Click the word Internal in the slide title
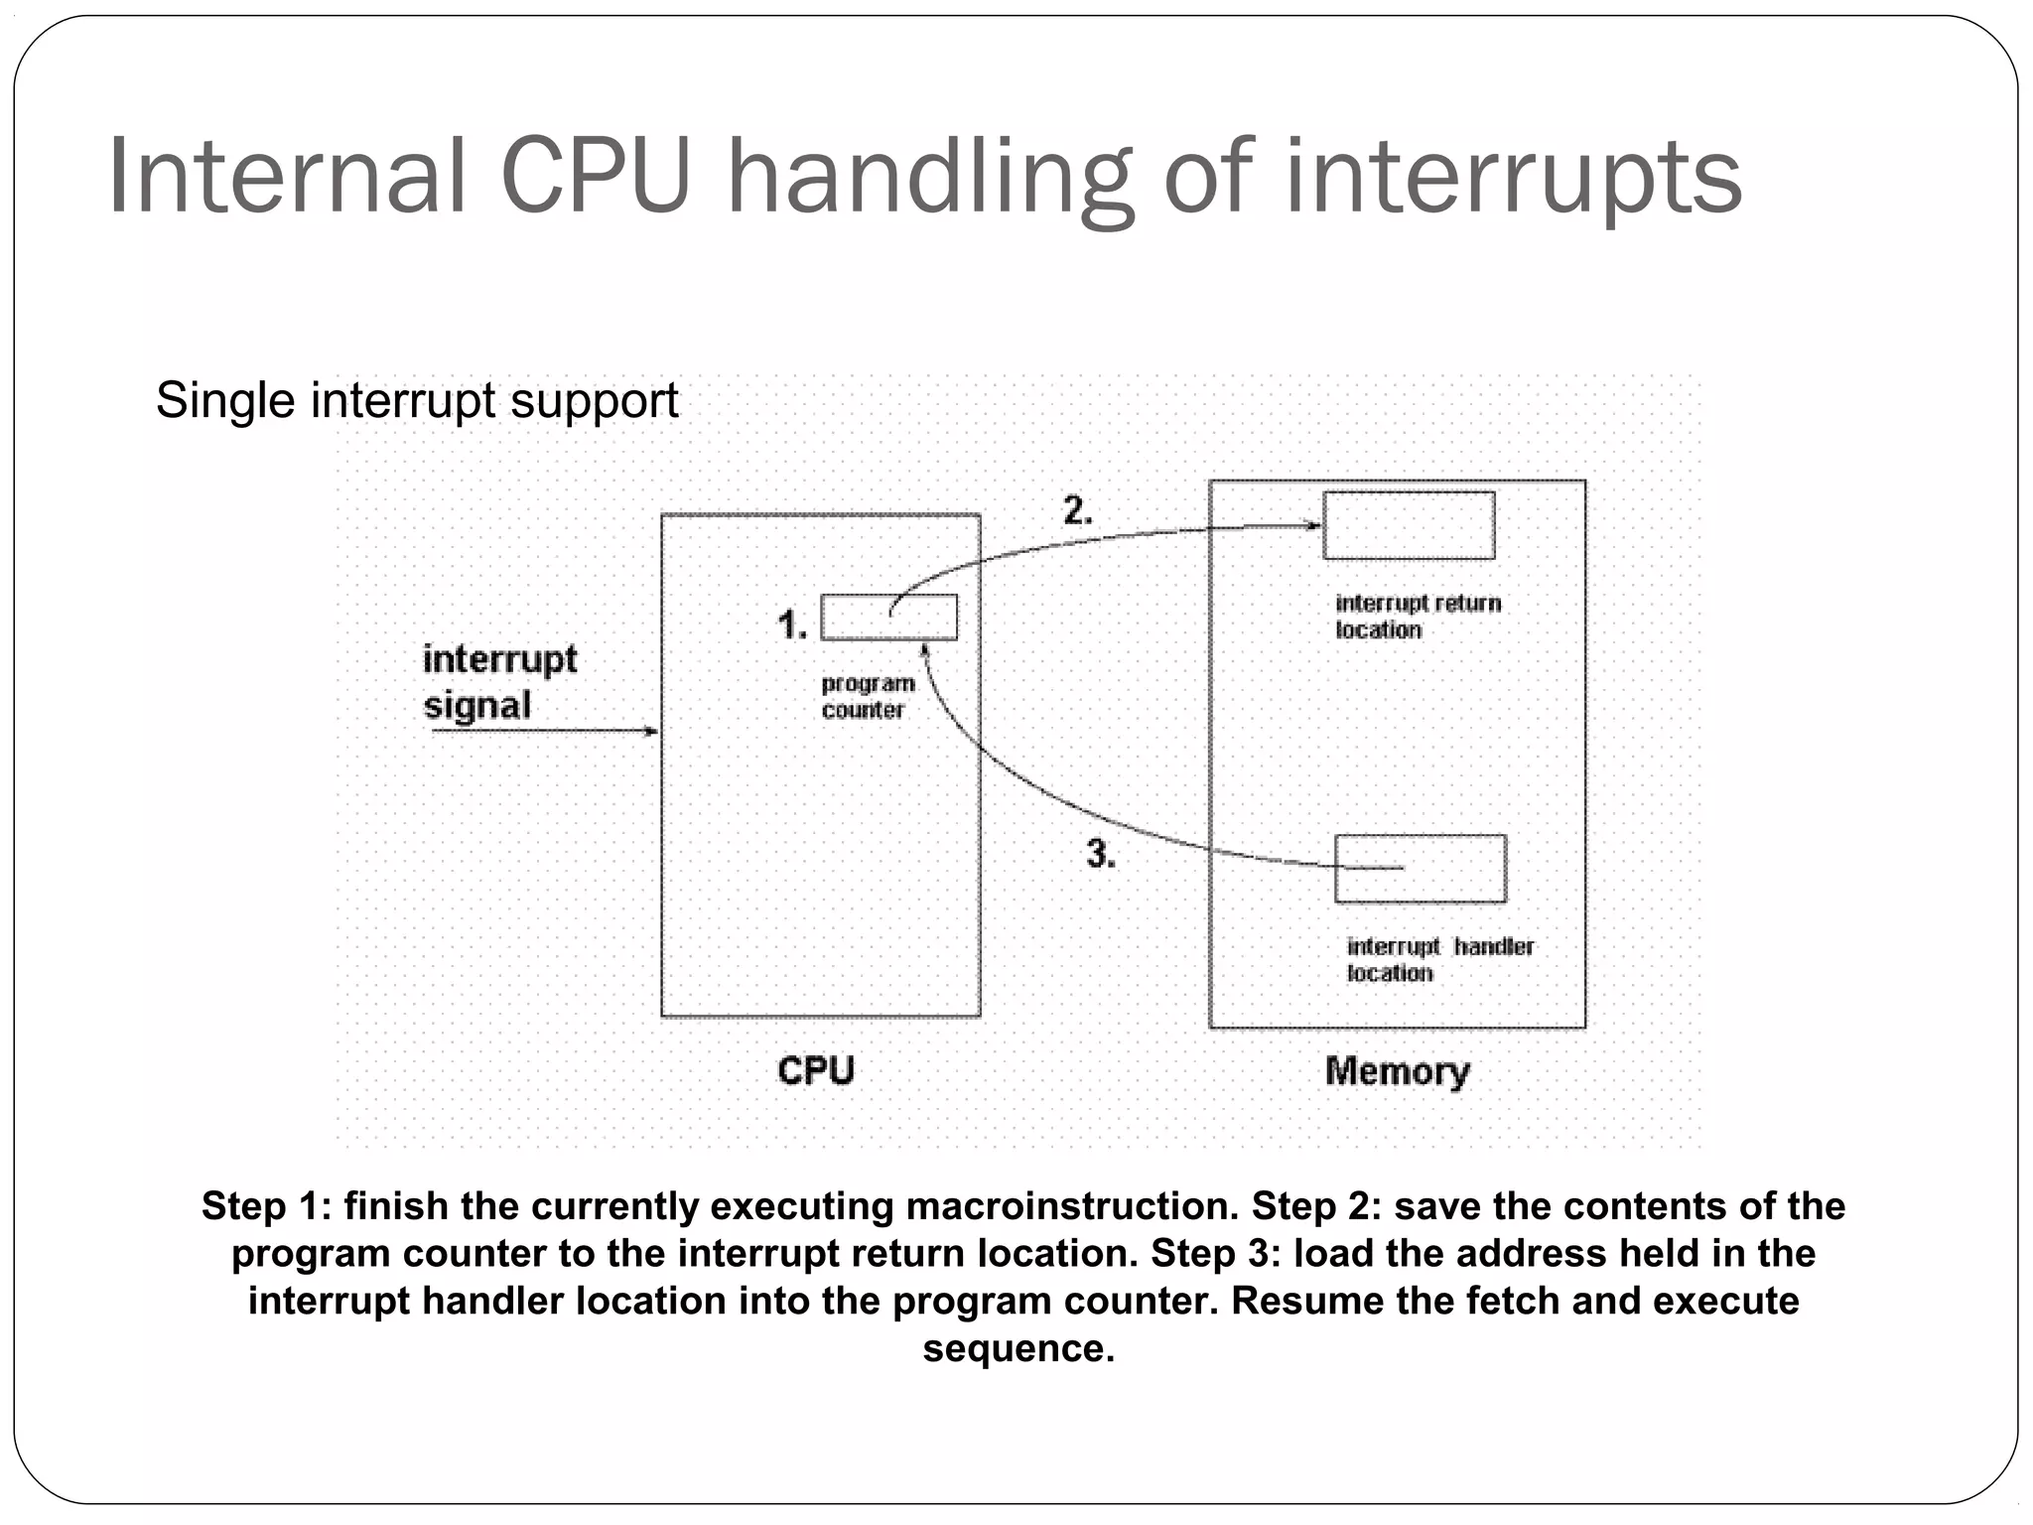click(286, 177)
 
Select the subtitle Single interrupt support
click(417, 401)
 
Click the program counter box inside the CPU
click(889, 618)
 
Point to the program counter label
click(867, 696)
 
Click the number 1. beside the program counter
click(791, 625)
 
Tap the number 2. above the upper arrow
click(1077, 511)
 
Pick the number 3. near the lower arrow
click(1100, 854)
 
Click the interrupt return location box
click(1409, 525)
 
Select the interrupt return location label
click(1417, 617)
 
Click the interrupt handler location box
click(1420, 869)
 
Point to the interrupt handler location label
click(1438, 959)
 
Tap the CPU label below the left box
click(815, 1070)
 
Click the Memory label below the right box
click(1397, 1071)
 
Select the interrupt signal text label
click(499, 682)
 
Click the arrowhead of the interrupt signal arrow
click(652, 732)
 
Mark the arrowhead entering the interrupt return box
click(1315, 525)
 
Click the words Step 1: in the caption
click(266, 1206)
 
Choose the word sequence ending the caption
click(1018, 1348)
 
